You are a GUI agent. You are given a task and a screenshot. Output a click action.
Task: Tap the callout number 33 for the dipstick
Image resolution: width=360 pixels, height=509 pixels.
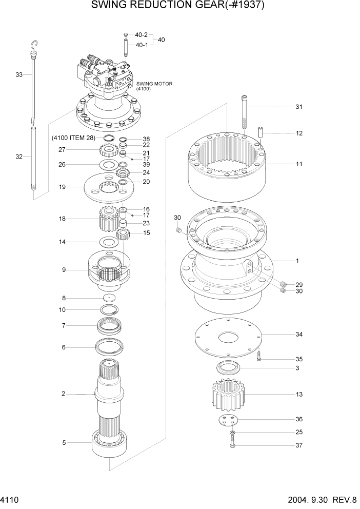coord(19,75)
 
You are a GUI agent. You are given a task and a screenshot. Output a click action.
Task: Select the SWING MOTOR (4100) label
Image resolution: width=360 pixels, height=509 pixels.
coord(154,86)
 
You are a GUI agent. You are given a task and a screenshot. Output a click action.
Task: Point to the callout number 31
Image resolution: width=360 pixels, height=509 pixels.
coord(298,107)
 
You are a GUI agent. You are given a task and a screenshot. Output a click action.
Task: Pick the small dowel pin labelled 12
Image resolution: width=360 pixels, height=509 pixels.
coord(261,133)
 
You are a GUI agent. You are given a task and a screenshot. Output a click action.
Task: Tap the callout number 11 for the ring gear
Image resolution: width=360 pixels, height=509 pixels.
coord(298,165)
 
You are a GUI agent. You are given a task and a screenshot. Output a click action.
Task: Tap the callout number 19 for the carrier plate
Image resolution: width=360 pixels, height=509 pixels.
coord(62,187)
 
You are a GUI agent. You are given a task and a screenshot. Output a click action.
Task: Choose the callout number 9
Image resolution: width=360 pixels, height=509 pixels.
coord(64,269)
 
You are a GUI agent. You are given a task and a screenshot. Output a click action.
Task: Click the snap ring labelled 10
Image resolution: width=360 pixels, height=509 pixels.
coord(109,309)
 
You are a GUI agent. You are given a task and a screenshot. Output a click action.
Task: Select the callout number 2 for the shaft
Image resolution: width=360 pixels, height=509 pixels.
coord(63,394)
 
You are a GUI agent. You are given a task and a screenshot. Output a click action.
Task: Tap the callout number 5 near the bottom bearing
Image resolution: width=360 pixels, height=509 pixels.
coord(64,442)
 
